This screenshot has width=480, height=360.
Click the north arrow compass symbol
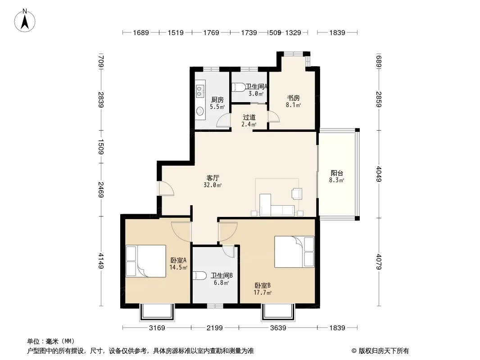point(25,21)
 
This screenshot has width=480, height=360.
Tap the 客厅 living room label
point(213,178)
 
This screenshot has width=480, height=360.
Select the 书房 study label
point(293,98)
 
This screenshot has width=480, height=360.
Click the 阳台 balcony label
point(337,173)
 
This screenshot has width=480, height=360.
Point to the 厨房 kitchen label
point(217,100)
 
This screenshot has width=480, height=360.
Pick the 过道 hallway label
point(249,117)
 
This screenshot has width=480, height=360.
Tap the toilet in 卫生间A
point(239,87)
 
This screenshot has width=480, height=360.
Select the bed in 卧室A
point(146,261)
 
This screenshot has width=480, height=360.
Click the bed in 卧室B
point(294,252)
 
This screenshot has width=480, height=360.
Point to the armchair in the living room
point(297,193)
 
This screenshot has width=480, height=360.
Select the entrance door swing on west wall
point(166,189)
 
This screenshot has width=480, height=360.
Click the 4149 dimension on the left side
point(101,261)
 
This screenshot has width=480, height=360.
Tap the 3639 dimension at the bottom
point(278,328)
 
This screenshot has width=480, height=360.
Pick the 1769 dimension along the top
point(211,32)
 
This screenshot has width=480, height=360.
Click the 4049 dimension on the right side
point(379,174)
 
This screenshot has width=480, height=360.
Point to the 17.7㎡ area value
point(263,292)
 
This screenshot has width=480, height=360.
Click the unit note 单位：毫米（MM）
point(51,342)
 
